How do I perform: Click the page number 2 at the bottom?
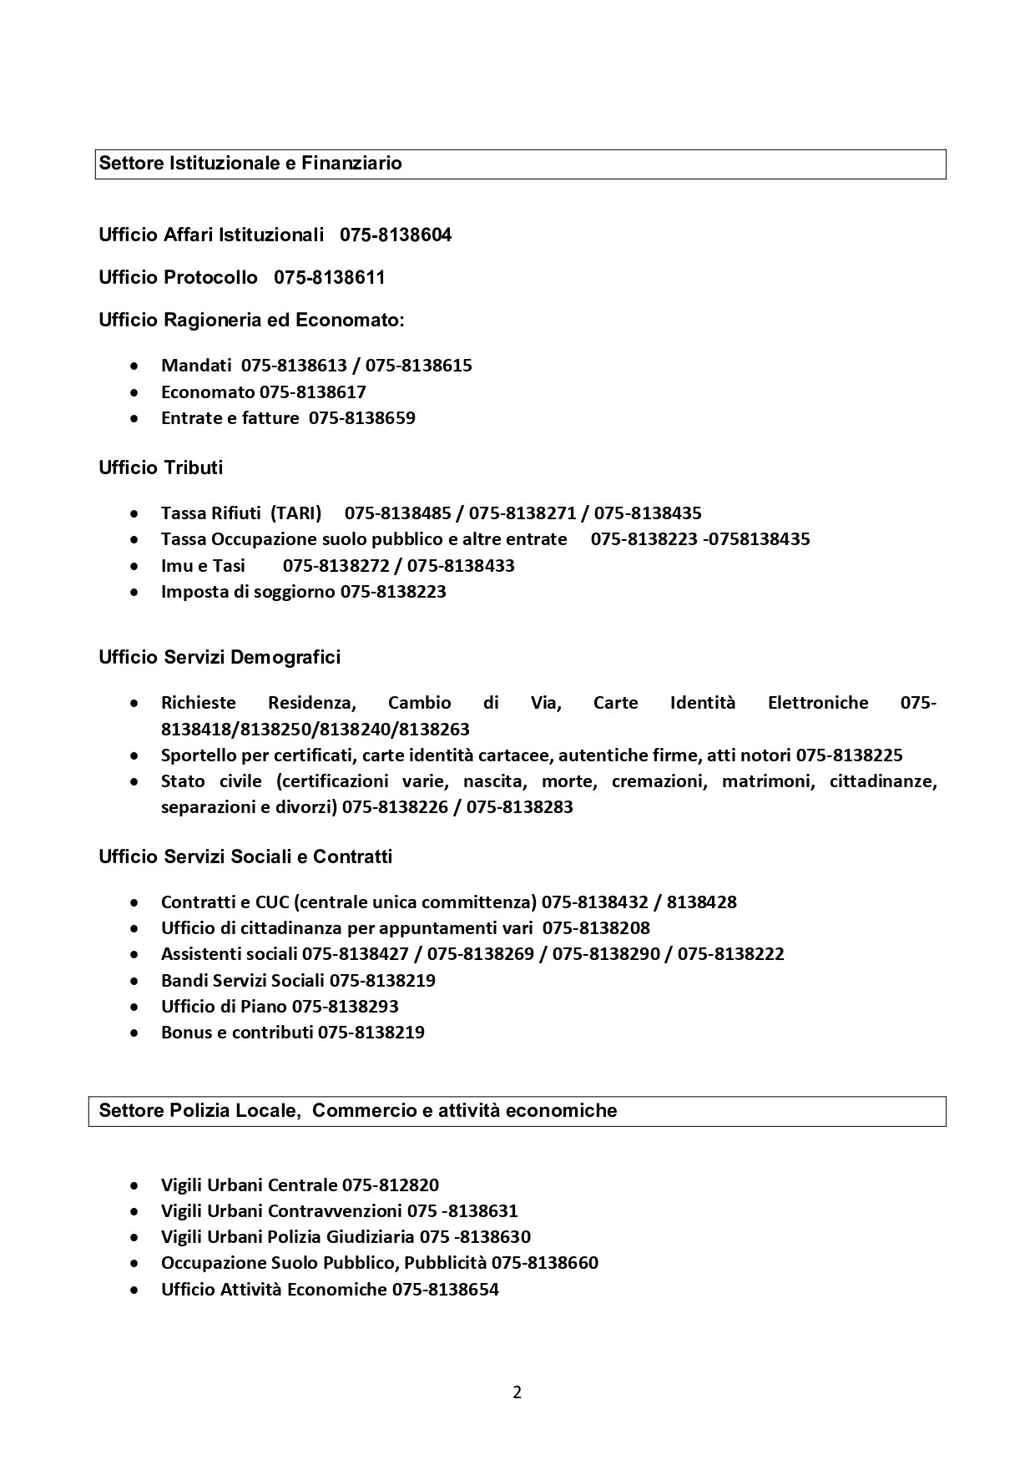tap(517, 1392)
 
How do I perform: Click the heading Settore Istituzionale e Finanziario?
tap(250, 164)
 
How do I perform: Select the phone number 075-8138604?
tap(396, 235)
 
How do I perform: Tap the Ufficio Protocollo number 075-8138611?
tap(330, 278)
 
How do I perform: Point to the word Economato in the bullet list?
tap(208, 392)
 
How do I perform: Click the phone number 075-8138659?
tap(362, 417)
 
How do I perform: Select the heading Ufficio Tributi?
tap(161, 467)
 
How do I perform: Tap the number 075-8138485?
tap(398, 513)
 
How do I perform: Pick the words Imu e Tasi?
tap(203, 565)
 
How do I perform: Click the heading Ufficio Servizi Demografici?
tap(220, 657)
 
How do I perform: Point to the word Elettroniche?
tap(817, 703)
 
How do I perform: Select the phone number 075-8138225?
tap(849, 755)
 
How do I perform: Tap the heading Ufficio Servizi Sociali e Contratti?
tap(245, 856)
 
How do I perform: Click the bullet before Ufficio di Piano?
tap(134, 1007)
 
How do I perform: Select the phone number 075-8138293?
tap(345, 1006)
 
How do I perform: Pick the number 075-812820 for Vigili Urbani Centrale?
tap(390, 1185)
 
